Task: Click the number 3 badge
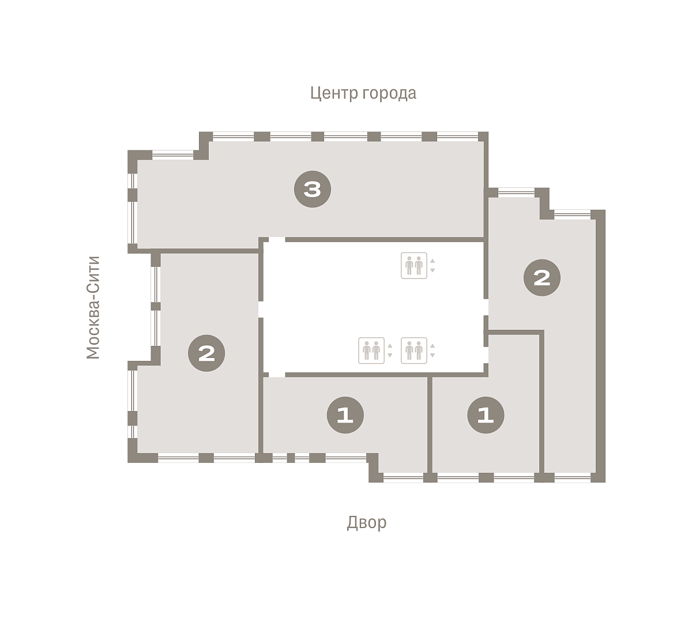click(x=312, y=189)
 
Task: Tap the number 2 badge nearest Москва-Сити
click(x=206, y=353)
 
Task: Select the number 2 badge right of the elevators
click(x=541, y=278)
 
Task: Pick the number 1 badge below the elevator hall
click(x=345, y=415)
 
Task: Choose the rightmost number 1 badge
click(x=486, y=415)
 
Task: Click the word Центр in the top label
click(x=334, y=93)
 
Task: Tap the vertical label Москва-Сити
click(x=93, y=307)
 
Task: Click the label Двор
click(x=367, y=522)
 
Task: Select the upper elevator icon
click(x=413, y=265)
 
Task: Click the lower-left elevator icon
click(x=371, y=351)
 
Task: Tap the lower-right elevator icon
click(x=413, y=351)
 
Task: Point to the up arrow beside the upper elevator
click(x=432, y=261)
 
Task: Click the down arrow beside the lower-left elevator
click(x=390, y=356)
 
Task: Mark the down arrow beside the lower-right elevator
click(x=432, y=356)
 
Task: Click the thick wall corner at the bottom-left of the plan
click(x=133, y=458)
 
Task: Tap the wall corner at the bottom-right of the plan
click(x=600, y=477)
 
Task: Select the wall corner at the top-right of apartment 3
click(x=483, y=136)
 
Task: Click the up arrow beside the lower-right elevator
click(x=432, y=346)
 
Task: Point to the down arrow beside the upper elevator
click(x=432, y=270)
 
